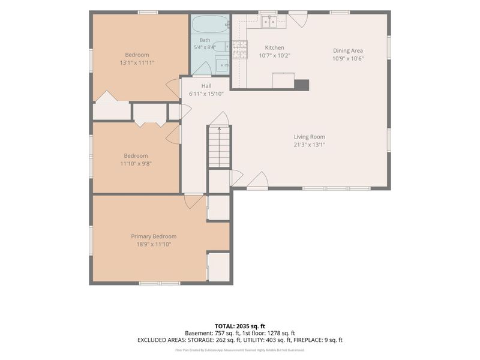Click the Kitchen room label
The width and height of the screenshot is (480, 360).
(x=274, y=47)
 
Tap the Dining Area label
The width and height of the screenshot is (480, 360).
(x=348, y=50)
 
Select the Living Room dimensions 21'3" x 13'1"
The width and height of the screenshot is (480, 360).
(x=310, y=145)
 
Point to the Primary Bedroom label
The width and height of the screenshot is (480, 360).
(x=154, y=236)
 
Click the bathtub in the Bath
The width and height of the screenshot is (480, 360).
(x=211, y=24)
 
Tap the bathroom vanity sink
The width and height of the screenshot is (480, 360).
(x=221, y=65)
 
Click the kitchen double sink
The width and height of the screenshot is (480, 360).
(x=269, y=22)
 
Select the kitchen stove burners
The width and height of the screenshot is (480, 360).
(x=239, y=50)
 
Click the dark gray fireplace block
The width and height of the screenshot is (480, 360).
(x=302, y=85)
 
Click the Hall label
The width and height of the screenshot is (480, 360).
(x=206, y=86)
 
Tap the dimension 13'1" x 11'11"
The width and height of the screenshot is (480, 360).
(x=137, y=63)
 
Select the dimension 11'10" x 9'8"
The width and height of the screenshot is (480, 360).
(x=136, y=163)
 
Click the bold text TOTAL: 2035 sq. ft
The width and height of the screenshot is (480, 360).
(x=239, y=326)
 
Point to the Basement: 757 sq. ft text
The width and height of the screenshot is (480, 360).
(x=212, y=333)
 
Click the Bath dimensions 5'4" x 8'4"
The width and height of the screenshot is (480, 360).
(x=205, y=47)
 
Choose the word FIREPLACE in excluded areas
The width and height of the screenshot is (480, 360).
(x=307, y=340)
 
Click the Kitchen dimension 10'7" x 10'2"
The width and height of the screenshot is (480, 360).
(x=275, y=56)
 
